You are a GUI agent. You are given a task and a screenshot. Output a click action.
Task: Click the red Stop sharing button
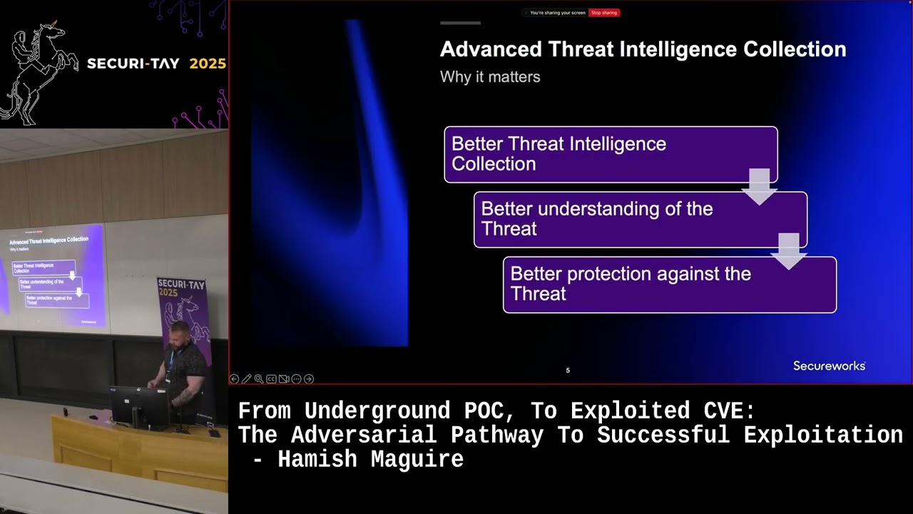tap(604, 13)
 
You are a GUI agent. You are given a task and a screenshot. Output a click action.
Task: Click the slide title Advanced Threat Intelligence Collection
tap(643, 49)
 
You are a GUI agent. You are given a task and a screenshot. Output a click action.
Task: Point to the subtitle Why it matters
tap(490, 77)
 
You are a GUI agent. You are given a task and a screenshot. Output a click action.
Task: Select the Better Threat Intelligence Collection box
tap(610, 154)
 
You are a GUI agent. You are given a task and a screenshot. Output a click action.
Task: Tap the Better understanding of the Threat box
tap(640, 219)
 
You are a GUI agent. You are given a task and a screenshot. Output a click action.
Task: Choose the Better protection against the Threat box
tap(669, 284)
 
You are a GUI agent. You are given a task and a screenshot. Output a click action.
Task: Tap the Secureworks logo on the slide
tap(829, 366)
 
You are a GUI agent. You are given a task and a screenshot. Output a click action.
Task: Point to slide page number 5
tap(568, 371)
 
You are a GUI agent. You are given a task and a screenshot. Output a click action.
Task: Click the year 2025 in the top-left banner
tap(208, 64)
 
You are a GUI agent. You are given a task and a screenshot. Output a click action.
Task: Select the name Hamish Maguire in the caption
tap(371, 459)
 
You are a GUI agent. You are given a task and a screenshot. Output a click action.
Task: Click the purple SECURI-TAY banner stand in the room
tap(184, 314)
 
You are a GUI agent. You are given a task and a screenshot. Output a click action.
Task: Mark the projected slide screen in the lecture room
tap(53, 278)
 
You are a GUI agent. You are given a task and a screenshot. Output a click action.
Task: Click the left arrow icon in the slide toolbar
tap(234, 379)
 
